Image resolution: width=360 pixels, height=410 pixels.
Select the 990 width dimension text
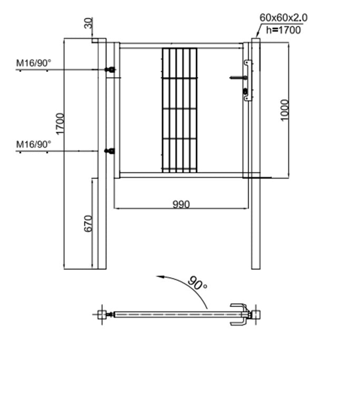point(181,204)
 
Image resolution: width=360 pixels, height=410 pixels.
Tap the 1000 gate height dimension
point(285,110)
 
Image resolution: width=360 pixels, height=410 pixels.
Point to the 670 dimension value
point(88,223)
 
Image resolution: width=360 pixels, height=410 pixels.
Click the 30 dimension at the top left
point(88,23)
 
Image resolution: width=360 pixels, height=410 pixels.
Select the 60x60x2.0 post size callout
point(284,17)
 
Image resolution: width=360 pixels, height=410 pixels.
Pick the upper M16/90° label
point(34,63)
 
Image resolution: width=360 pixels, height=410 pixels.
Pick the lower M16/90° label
point(34,144)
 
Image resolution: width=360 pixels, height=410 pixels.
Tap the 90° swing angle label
point(198,284)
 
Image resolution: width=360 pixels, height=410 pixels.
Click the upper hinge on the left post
point(111,70)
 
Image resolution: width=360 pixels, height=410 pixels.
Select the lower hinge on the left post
point(110,151)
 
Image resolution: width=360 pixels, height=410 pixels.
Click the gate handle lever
point(237,78)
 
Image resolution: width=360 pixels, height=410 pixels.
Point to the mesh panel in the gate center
point(179,110)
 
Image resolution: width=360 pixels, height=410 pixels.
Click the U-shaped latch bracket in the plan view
point(238,315)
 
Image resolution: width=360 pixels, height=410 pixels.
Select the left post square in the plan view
point(101,315)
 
